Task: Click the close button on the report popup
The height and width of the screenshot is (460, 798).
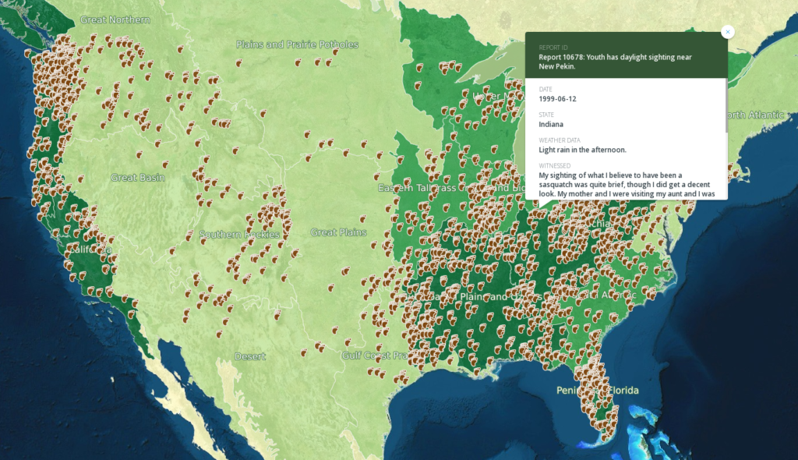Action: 728,32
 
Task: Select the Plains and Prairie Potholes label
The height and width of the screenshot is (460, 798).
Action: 297,44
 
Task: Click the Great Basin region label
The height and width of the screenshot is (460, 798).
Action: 138,178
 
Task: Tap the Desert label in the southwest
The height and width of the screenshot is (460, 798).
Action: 250,356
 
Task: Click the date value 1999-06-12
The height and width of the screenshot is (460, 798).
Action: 558,99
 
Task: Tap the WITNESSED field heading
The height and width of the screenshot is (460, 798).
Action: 555,165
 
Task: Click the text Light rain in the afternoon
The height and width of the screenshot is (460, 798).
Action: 582,150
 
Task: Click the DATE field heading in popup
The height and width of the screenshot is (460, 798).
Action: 546,90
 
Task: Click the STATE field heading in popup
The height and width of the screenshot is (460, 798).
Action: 547,115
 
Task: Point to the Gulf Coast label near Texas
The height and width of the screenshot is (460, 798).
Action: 375,356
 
